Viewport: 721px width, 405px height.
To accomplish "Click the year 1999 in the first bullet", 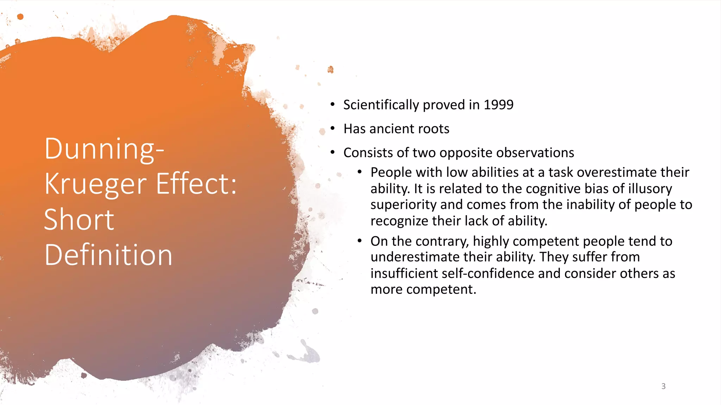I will coord(499,105).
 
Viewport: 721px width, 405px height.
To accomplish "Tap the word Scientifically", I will coord(381,105).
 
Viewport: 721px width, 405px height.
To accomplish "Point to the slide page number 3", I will coord(663,386).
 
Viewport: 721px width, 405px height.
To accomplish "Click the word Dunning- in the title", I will coord(104,149).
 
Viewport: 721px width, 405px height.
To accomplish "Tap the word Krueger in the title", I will coord(95,184).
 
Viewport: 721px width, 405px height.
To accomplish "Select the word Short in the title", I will coord(79,219).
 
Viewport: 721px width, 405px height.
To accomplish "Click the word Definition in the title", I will coord(108,255).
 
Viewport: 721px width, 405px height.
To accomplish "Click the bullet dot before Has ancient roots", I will coord(333,129).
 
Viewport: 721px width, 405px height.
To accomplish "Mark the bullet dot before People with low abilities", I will coord(359,172).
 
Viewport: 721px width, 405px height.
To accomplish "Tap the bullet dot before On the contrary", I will coord(359,241).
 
